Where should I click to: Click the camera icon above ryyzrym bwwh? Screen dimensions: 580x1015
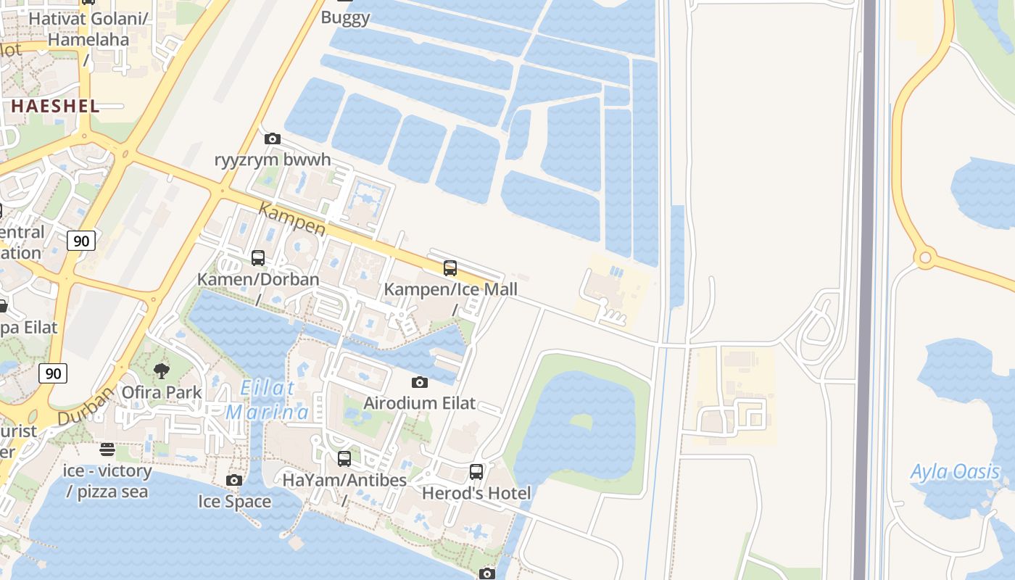click(x=273, y=138)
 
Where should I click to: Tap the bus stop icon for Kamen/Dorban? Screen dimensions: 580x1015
click(x=258, y=257)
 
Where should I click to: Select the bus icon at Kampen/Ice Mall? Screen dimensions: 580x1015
click(x=450, y=268)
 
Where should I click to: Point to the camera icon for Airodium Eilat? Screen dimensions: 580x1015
click(x=419, y=382)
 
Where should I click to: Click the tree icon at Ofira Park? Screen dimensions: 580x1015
click(x=162, y=371)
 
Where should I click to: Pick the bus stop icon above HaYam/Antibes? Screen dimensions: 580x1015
click(x=344, y=458)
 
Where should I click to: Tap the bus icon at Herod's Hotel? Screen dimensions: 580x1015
click(x=476, y=472)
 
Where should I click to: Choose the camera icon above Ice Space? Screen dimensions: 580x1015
click(x=234, y=480)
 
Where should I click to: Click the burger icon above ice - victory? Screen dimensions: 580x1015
click(x=107, y=449)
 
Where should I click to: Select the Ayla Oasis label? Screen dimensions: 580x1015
click(x=955, y=473)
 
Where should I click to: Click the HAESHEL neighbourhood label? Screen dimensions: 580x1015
click(x=54, y=106)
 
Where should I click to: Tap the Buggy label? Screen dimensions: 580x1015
click(x=345, y=18)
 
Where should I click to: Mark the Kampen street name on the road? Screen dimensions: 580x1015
click(x=292, y=219)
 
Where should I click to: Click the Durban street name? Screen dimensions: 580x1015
click(x=86, y=406)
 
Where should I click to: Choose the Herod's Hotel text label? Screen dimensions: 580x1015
click(x=476, y=494)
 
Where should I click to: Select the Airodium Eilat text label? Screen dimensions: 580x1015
click(x=419, y=403)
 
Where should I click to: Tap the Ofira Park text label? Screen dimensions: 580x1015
click(x=162, y=393)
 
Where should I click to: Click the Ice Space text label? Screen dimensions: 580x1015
click(x=234, y=502)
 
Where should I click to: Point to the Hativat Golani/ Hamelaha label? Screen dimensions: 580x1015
click(x=89, y=29)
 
